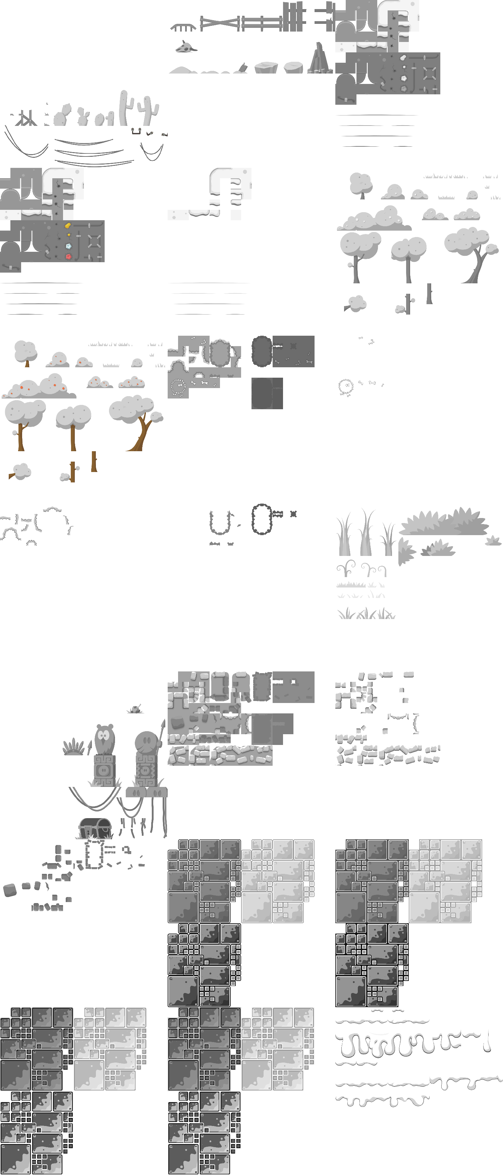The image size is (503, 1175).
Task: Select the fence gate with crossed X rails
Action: [220, 23]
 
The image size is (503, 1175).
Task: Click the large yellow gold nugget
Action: [67, 225]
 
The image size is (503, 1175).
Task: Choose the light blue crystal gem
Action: [69, 246]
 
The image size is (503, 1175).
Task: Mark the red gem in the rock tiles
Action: [68, 256]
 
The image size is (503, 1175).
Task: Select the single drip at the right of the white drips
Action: [488, 1038]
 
